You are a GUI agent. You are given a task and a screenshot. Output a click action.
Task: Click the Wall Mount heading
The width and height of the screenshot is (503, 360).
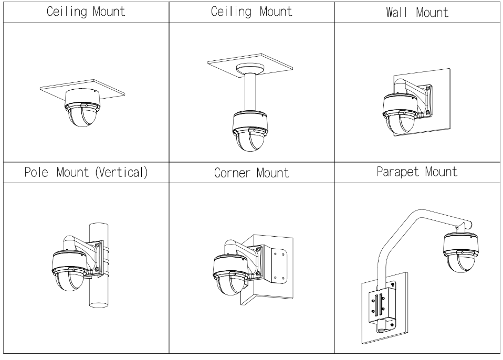pos(417,12)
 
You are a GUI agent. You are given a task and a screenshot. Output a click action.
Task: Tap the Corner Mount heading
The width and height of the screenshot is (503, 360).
pos(251,173)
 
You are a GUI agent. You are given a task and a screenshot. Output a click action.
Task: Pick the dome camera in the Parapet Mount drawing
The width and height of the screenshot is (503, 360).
pos(460,251)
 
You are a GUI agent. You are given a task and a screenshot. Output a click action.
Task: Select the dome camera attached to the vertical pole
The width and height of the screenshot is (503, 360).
pos(69,270)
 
